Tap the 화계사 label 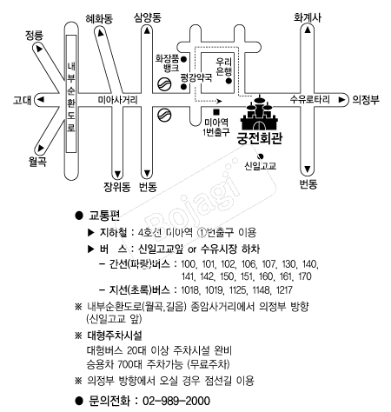[308, 17]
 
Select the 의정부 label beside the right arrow [366, 100]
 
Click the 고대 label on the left [22, 100]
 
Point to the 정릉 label [34, 35]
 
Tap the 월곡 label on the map [37, 161]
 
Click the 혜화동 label [99, 19]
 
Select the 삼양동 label [147, 17]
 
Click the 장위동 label [117, 187]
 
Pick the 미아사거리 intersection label [117, 100]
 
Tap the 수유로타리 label [309, 99]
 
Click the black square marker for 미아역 [216, 112]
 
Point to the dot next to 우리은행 [229, 81]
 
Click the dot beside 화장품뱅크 [183, 59]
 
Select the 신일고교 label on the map [261, 166]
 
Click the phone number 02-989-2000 [176, 401]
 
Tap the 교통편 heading [104, 216]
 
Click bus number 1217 [284, 290]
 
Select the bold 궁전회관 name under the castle [260, 139]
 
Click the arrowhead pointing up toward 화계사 [308, 30]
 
